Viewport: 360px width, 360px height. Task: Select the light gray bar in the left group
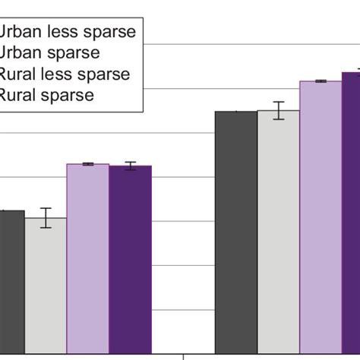46,286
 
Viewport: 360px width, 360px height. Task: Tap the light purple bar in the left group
87,258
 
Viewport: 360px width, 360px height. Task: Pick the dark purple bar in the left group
130,259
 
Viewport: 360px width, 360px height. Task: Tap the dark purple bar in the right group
351,213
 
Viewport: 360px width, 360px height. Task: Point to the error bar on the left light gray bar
46,218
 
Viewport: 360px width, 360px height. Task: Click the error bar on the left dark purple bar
131,166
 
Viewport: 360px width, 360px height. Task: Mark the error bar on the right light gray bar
279,110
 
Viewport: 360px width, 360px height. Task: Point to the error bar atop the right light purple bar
321,81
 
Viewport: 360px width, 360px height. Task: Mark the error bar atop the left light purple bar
87,164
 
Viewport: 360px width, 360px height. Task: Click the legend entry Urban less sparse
68,32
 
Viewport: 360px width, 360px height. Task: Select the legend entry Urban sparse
50,53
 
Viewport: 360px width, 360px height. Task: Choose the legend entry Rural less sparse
65,74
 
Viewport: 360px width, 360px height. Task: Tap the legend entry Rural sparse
47,96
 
